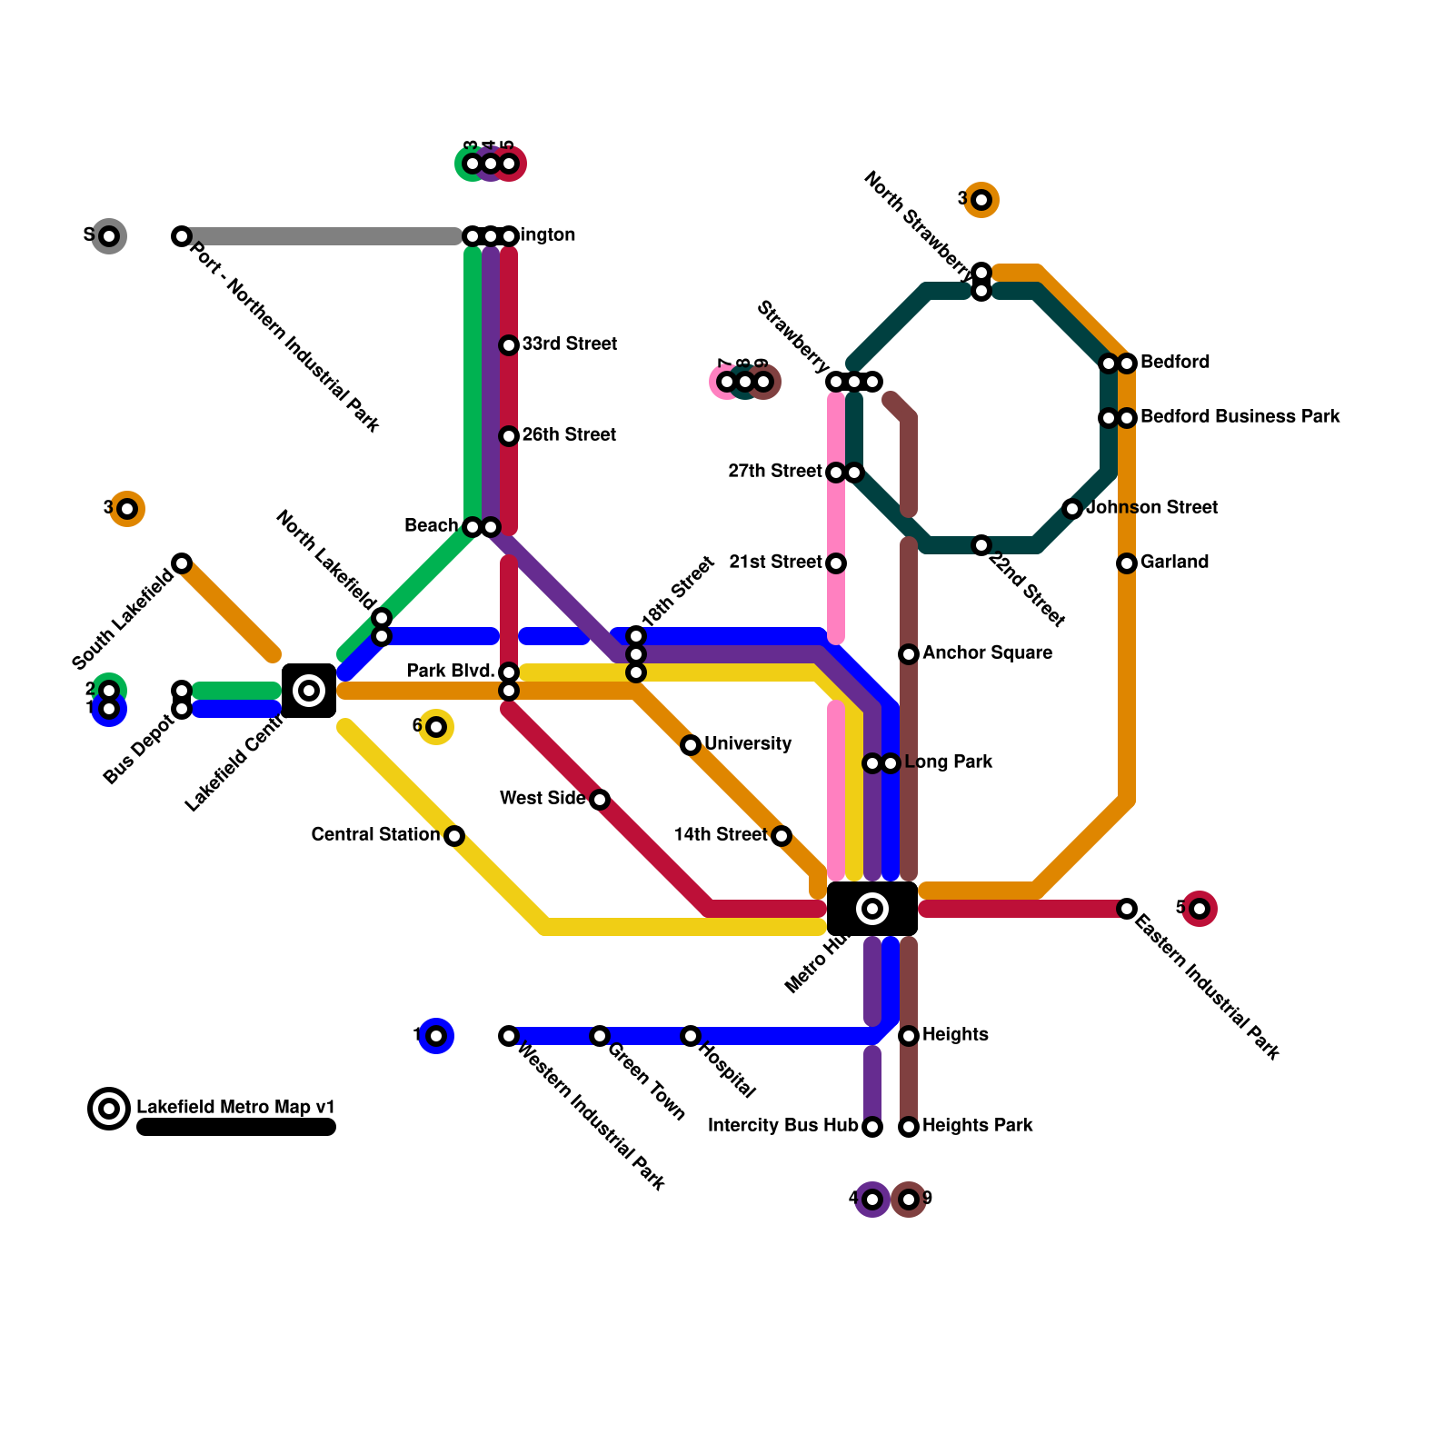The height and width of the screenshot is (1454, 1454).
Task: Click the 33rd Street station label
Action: tap(569, 344)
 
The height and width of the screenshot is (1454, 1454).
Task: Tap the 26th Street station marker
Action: tap(509, 436)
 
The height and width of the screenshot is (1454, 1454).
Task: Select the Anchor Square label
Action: tap(987, 653)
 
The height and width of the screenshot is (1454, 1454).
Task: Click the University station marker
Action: tap(691, 745)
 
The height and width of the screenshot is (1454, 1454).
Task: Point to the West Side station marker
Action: tap(600, 800)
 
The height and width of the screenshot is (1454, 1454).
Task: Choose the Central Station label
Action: tap(375, 835)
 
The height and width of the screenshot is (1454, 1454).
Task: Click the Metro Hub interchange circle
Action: tap(872, 909)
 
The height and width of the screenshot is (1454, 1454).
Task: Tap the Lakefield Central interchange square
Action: tap(309, 691)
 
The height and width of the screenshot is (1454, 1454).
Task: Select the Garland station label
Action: tap(1174, 563)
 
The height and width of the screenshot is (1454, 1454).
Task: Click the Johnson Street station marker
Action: tap(1072, 509)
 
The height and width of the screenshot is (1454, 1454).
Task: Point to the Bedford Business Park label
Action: tap(1240, 417)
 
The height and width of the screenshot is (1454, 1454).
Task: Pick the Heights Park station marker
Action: tap(909, 1127)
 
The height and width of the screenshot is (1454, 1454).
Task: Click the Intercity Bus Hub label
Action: tap(782, 1126)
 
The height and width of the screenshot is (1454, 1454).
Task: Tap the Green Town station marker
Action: tap(600, 1036)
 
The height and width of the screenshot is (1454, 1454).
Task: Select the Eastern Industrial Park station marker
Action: tap(1127, 909)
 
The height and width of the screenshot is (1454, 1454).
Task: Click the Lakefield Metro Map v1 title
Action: tap(235, 1108)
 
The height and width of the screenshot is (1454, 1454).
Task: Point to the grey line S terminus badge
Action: tap(109, 236)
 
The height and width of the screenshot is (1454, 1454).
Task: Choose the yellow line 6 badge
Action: tap(436, 727)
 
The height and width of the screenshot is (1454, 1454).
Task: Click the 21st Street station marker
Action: tap(836, 563)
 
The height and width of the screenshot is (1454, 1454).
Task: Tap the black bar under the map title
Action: tap(236, 1128)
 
